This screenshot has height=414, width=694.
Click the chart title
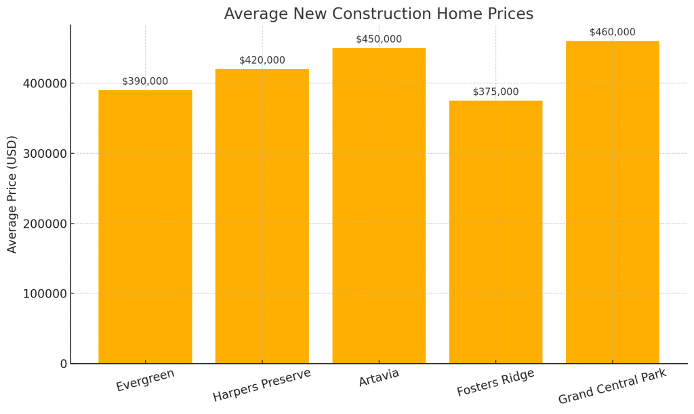coord(378,14)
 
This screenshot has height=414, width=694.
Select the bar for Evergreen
coord(145,227)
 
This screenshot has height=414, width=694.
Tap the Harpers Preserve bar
coord(262,217)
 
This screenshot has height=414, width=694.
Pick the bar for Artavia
coord(379,206)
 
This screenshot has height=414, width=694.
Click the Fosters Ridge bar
coord(495,232)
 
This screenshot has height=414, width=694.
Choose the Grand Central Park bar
coord(612,203)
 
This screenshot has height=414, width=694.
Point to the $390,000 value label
coord(145,81)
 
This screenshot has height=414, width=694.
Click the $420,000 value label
coord(262,60)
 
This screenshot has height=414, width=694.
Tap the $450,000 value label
coord(379,39)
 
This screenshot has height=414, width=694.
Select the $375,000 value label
coord(495,92)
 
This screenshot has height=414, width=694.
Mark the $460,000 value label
coord(612,32)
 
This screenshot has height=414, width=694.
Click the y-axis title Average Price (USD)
coord(12,194)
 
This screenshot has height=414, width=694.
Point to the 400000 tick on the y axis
coord(44,83)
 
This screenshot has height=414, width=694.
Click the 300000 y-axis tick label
coord(44,154)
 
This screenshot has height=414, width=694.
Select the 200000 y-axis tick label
coord(44,224)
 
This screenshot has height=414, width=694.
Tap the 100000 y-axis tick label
coord(44,294)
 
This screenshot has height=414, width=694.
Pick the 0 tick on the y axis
coord(64,364)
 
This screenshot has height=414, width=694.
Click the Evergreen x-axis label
coord(145,380)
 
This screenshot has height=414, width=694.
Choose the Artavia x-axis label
coord(379,377)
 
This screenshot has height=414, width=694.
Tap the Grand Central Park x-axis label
coord(612,386)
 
